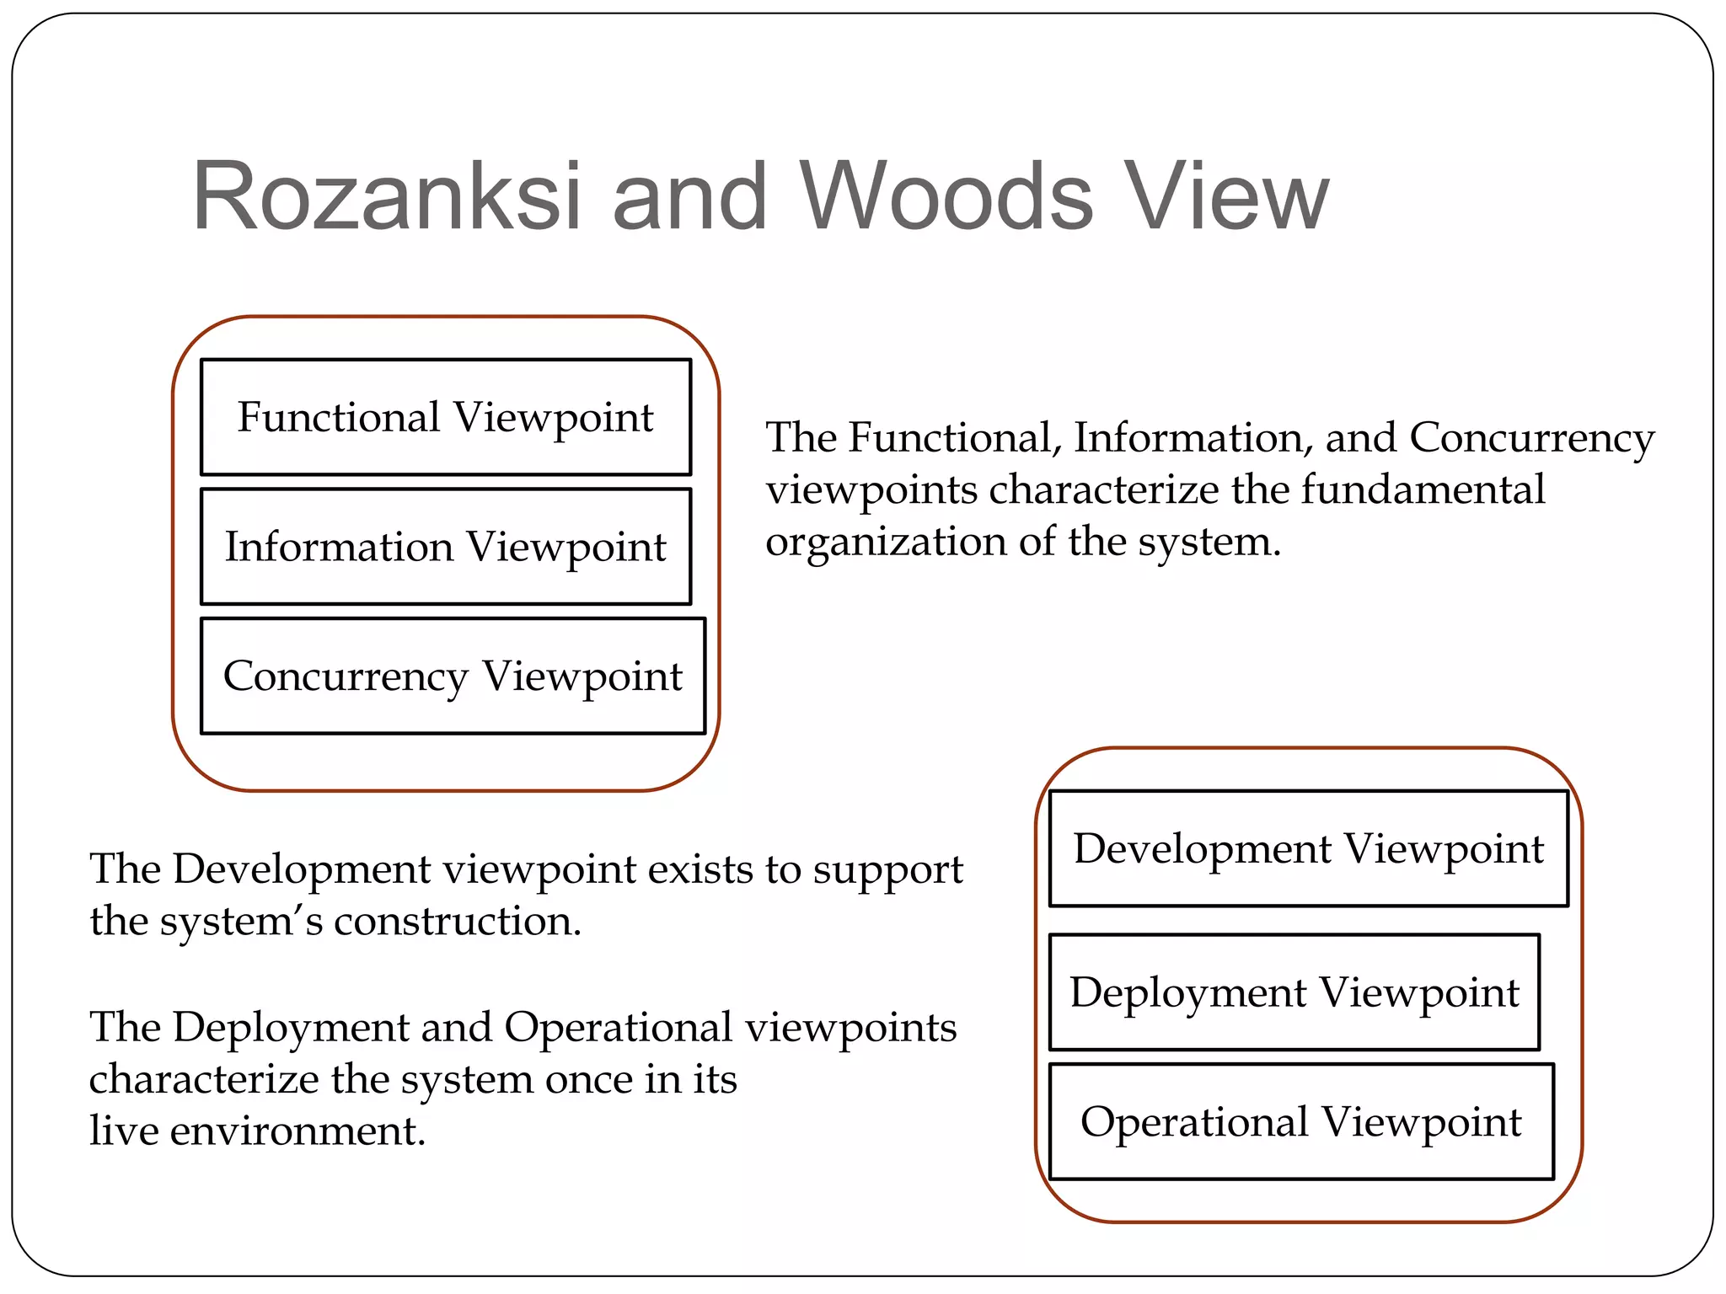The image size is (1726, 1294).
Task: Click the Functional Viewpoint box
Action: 445,417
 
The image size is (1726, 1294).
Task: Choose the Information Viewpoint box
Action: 445,547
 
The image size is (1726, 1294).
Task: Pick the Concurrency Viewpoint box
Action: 453,676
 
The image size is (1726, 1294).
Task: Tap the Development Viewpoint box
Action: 1308,848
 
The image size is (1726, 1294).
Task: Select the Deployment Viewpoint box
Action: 1294,992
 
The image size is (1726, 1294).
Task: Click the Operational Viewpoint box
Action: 1300,1121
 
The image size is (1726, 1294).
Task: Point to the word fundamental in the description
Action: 1423,489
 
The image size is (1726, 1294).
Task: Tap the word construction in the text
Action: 457,921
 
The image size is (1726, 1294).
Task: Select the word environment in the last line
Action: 297,1131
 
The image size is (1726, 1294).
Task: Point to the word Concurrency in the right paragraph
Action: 1531,438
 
